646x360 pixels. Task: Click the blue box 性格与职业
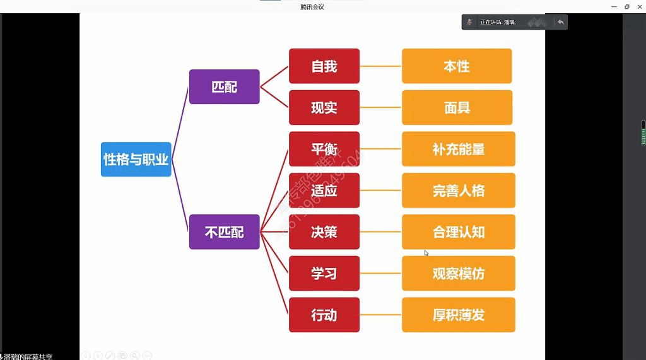click(136, 160)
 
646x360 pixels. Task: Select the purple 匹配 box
click(224, 87)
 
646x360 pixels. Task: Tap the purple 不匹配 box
click(224, 232)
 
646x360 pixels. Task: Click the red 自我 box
click(324, 66)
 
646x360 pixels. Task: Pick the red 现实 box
click(324, 108)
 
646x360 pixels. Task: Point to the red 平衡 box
click(324, 149)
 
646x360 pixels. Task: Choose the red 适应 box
click(324, 190)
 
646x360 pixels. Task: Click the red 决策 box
click(324, 232)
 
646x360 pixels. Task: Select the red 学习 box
click(324, 274)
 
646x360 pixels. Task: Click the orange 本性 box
click(457, 66)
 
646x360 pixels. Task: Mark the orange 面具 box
click(457, 108)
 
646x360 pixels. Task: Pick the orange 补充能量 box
click(459, 149)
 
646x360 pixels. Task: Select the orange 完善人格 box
click(459, 190)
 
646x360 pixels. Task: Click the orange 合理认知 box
click(459, 232)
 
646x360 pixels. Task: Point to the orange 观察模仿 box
click(459, 274)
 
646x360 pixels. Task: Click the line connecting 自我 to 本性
click(380, 66)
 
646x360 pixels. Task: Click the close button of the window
click(639, 6)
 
